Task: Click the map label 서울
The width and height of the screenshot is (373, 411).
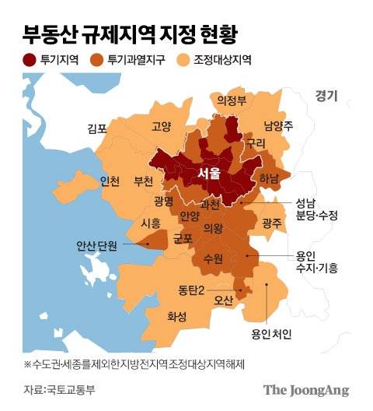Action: pos(211,173)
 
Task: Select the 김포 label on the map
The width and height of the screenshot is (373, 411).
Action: pos(98,129)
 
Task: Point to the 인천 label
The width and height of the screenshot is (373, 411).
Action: pos(110,181)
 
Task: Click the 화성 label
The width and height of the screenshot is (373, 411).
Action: pos(177,317)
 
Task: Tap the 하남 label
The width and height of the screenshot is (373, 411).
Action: pos(268,177)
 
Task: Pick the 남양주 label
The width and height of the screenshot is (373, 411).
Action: pos(278,125)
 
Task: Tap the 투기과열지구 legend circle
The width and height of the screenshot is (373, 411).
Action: pos(97,60)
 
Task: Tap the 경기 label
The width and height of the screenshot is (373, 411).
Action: pos(326,96)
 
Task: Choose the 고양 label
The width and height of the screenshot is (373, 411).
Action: pos(162,126)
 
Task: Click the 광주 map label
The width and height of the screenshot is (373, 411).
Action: pos(271,223)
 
